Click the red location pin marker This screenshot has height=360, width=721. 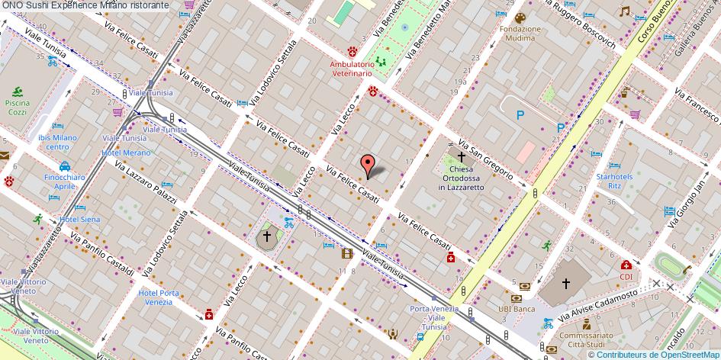tap(368, 164)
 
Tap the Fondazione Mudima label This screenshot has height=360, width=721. tap(520, 34)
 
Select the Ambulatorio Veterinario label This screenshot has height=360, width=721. tap(351, 69)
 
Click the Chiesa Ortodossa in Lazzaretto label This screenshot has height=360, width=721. tap(462, 178)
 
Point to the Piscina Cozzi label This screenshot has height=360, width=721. tap(16, 107)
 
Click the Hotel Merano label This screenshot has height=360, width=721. tap(126, 153)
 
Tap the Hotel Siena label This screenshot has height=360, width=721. tap(80, 220)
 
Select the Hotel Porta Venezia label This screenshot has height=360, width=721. tap(159, 299)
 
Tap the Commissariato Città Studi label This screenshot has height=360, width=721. tap(586, 339)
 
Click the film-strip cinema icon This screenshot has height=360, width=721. tap(347, 253)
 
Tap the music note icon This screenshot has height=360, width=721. tap(624, 11)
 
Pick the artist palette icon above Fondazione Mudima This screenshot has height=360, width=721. tap(520, 18)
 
